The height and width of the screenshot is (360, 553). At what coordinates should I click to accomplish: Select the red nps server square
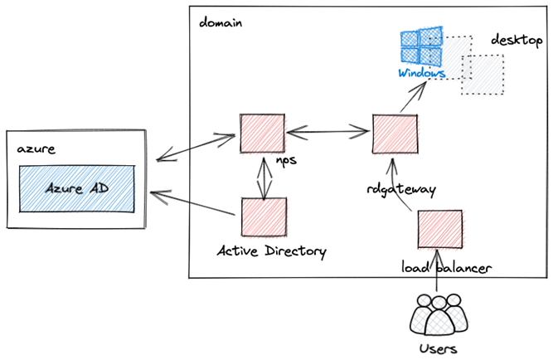coord(261,132)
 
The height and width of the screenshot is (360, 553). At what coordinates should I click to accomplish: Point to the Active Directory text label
coord(272,251)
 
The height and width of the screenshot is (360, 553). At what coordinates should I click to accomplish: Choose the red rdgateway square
coord(394,133)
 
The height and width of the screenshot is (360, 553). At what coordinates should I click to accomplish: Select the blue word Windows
coord(422,73)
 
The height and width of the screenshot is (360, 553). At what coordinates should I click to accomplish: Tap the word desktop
coord(517,40)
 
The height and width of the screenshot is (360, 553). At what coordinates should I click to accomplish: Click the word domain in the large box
coord(221,22)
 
